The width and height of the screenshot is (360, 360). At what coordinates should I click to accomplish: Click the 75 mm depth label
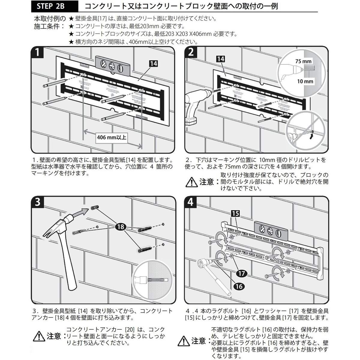click(x=303, y=61)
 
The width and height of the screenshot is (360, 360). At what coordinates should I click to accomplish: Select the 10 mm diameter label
click(x=305, y=81)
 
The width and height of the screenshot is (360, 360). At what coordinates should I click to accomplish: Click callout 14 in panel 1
click(x=153, y=64)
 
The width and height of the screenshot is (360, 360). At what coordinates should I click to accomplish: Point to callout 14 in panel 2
click(x=220, y=59)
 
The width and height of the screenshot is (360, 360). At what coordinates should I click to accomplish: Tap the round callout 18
click(x=121, y=227)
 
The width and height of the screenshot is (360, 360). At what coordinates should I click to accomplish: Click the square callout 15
click(x=235, y=213)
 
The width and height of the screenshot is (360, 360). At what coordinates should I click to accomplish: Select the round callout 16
click(x=239, y=286)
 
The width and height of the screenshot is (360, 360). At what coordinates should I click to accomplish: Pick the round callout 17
click(x=242, y=273)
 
